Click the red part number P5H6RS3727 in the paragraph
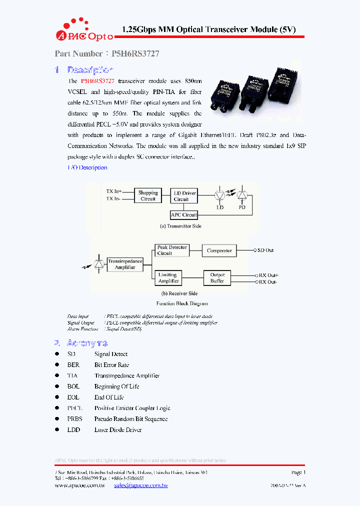tap(97, 80)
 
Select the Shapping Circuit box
tap(148, 195)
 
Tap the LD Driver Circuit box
tap(184, 195)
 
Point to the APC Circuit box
tap(183, 215)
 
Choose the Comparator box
tap(219, 250)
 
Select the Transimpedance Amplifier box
tap(125, 264)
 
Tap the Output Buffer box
tap(217, 278)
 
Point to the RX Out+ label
tap(268, 275)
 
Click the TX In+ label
tap(114, 191)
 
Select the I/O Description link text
tap(87, 167)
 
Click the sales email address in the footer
tap(140, 485)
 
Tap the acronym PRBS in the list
tap(74, 419)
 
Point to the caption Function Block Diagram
tap(181, 303)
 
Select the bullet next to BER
tap(57, 365)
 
